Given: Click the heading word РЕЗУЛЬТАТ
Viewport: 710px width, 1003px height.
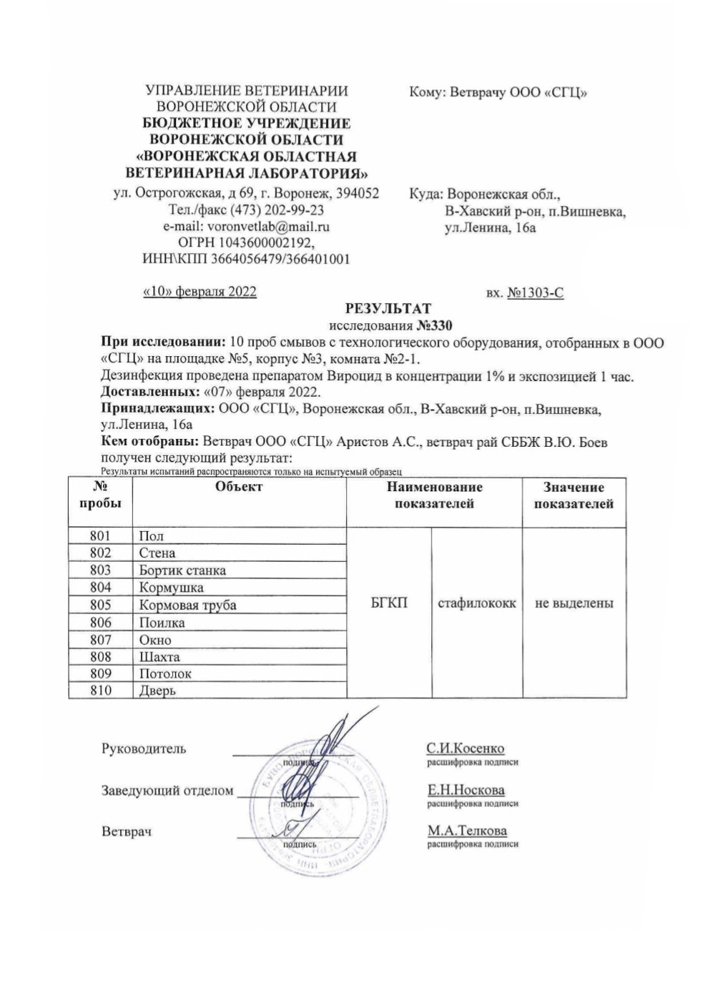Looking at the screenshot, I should click(x=388, y=309).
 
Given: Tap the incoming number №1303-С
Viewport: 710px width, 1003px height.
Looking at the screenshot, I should click(x=535, y=292).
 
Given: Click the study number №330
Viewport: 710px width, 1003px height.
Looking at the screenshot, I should click(x=435, y=325).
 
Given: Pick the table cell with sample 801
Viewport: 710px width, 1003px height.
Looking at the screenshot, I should click(x=101, y=535).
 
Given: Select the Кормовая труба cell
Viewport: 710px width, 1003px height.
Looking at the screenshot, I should click(x=187, y=605).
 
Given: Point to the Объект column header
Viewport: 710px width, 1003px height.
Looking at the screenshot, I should click(x=239, y=488).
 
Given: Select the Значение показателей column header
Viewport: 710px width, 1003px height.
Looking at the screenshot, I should click(x=573, y=495).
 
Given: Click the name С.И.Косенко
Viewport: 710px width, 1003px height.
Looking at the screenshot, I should click(x=465, y=748).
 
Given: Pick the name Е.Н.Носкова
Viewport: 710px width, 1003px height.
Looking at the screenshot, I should click(x=465, y=790).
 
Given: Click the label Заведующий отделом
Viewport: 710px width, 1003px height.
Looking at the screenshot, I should click(x=167, y=791).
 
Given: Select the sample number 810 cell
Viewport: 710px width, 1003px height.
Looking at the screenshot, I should click(x=101, y=691).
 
